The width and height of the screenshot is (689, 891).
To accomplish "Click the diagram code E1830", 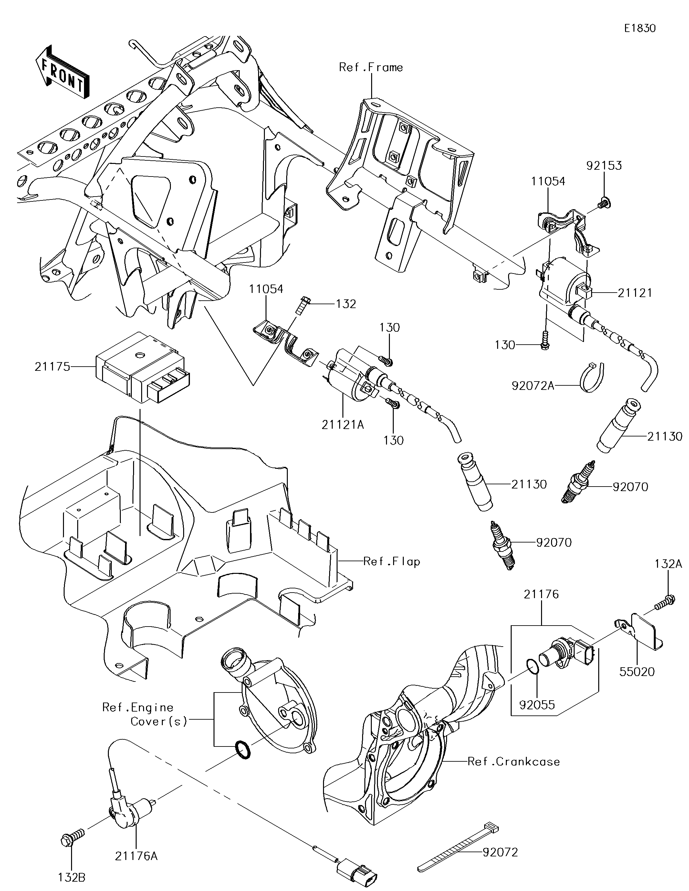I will [640, 28].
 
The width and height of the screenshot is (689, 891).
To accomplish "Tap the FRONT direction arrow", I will [62, 72].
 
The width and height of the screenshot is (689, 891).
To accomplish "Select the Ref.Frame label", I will [371, 67].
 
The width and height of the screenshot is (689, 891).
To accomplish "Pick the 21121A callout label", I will [342, 425].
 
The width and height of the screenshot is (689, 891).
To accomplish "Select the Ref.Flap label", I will [391, 562].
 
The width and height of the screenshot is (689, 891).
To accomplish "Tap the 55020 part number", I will [637, 671].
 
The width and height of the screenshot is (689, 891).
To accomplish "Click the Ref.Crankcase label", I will [513, 762].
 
